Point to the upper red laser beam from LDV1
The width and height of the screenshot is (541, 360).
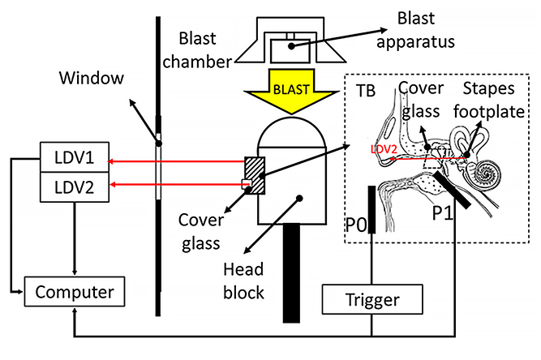pos(179,161)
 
